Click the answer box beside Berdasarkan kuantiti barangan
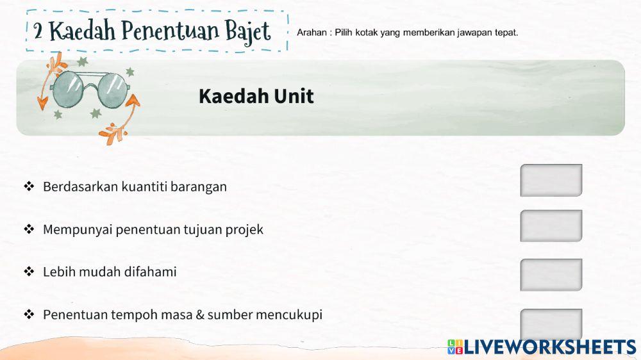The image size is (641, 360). (x=551, y=180)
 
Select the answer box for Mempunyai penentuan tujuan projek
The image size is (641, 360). (x=551, y=225)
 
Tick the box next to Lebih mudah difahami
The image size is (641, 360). (x=551, y=274)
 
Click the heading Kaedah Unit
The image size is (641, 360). (x=256, y=97)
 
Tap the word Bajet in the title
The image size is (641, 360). (x=247, y=31)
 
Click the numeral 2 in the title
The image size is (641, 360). (x=38, y=30)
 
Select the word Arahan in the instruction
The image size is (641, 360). (x=312, y=33)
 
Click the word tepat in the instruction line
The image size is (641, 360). (x=505, y=33)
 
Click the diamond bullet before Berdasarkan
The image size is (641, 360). (x=28, y=187)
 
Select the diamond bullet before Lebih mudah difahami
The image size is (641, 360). (x=28, y=272)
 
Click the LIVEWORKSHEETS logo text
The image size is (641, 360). (x=549, y=347)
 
